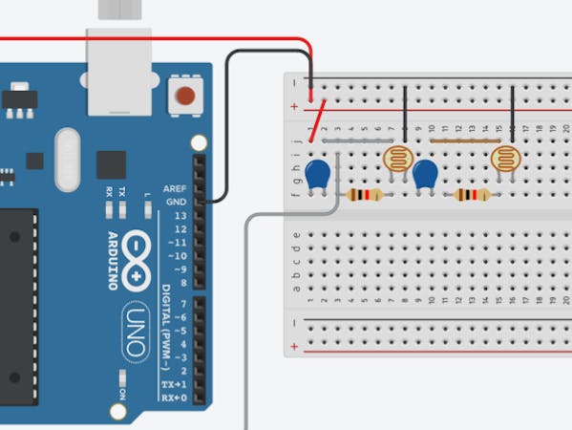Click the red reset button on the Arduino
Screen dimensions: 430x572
coord(185,96)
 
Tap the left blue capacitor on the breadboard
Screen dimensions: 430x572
coord(318,174)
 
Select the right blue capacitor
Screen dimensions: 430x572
coord(425,174)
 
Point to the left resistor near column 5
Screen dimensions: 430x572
coord(365,195)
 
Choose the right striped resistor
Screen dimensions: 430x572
coord(472,195)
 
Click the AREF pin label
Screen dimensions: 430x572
coord(175,188)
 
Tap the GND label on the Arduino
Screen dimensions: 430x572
coord(177,202)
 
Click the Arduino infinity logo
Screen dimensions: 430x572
coord(138,257)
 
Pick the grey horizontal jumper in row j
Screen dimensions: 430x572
coord(350,140)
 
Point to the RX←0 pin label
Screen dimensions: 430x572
coord(174,397)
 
